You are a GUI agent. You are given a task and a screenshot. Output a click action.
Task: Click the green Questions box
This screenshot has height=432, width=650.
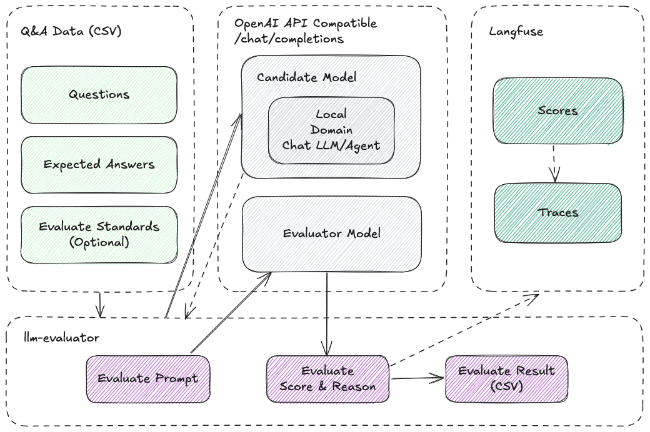(99, 95)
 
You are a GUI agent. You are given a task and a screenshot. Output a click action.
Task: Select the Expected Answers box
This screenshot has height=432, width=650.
(99, 164)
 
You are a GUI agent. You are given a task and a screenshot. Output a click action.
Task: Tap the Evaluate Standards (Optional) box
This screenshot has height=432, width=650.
(99, 235)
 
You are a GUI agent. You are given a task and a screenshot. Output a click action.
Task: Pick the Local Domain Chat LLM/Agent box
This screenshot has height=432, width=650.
(331, 130)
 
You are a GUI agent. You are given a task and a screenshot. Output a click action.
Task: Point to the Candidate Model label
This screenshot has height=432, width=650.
(306, 78)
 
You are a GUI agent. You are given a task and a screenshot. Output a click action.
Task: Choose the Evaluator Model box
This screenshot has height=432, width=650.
(331, 234)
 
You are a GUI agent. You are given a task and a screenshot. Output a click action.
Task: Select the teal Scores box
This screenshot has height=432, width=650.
(557, 111)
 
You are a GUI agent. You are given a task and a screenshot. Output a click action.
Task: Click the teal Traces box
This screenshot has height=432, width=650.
(557, 212)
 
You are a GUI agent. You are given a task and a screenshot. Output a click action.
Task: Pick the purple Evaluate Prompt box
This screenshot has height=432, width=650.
(147, 378)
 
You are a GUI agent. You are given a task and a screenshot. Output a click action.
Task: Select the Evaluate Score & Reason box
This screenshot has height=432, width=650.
(327, 378)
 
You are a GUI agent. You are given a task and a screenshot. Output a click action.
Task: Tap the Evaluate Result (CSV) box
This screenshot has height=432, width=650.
(506, 378)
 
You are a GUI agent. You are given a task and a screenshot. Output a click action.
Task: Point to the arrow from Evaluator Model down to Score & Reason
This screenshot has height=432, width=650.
(326, 312)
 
